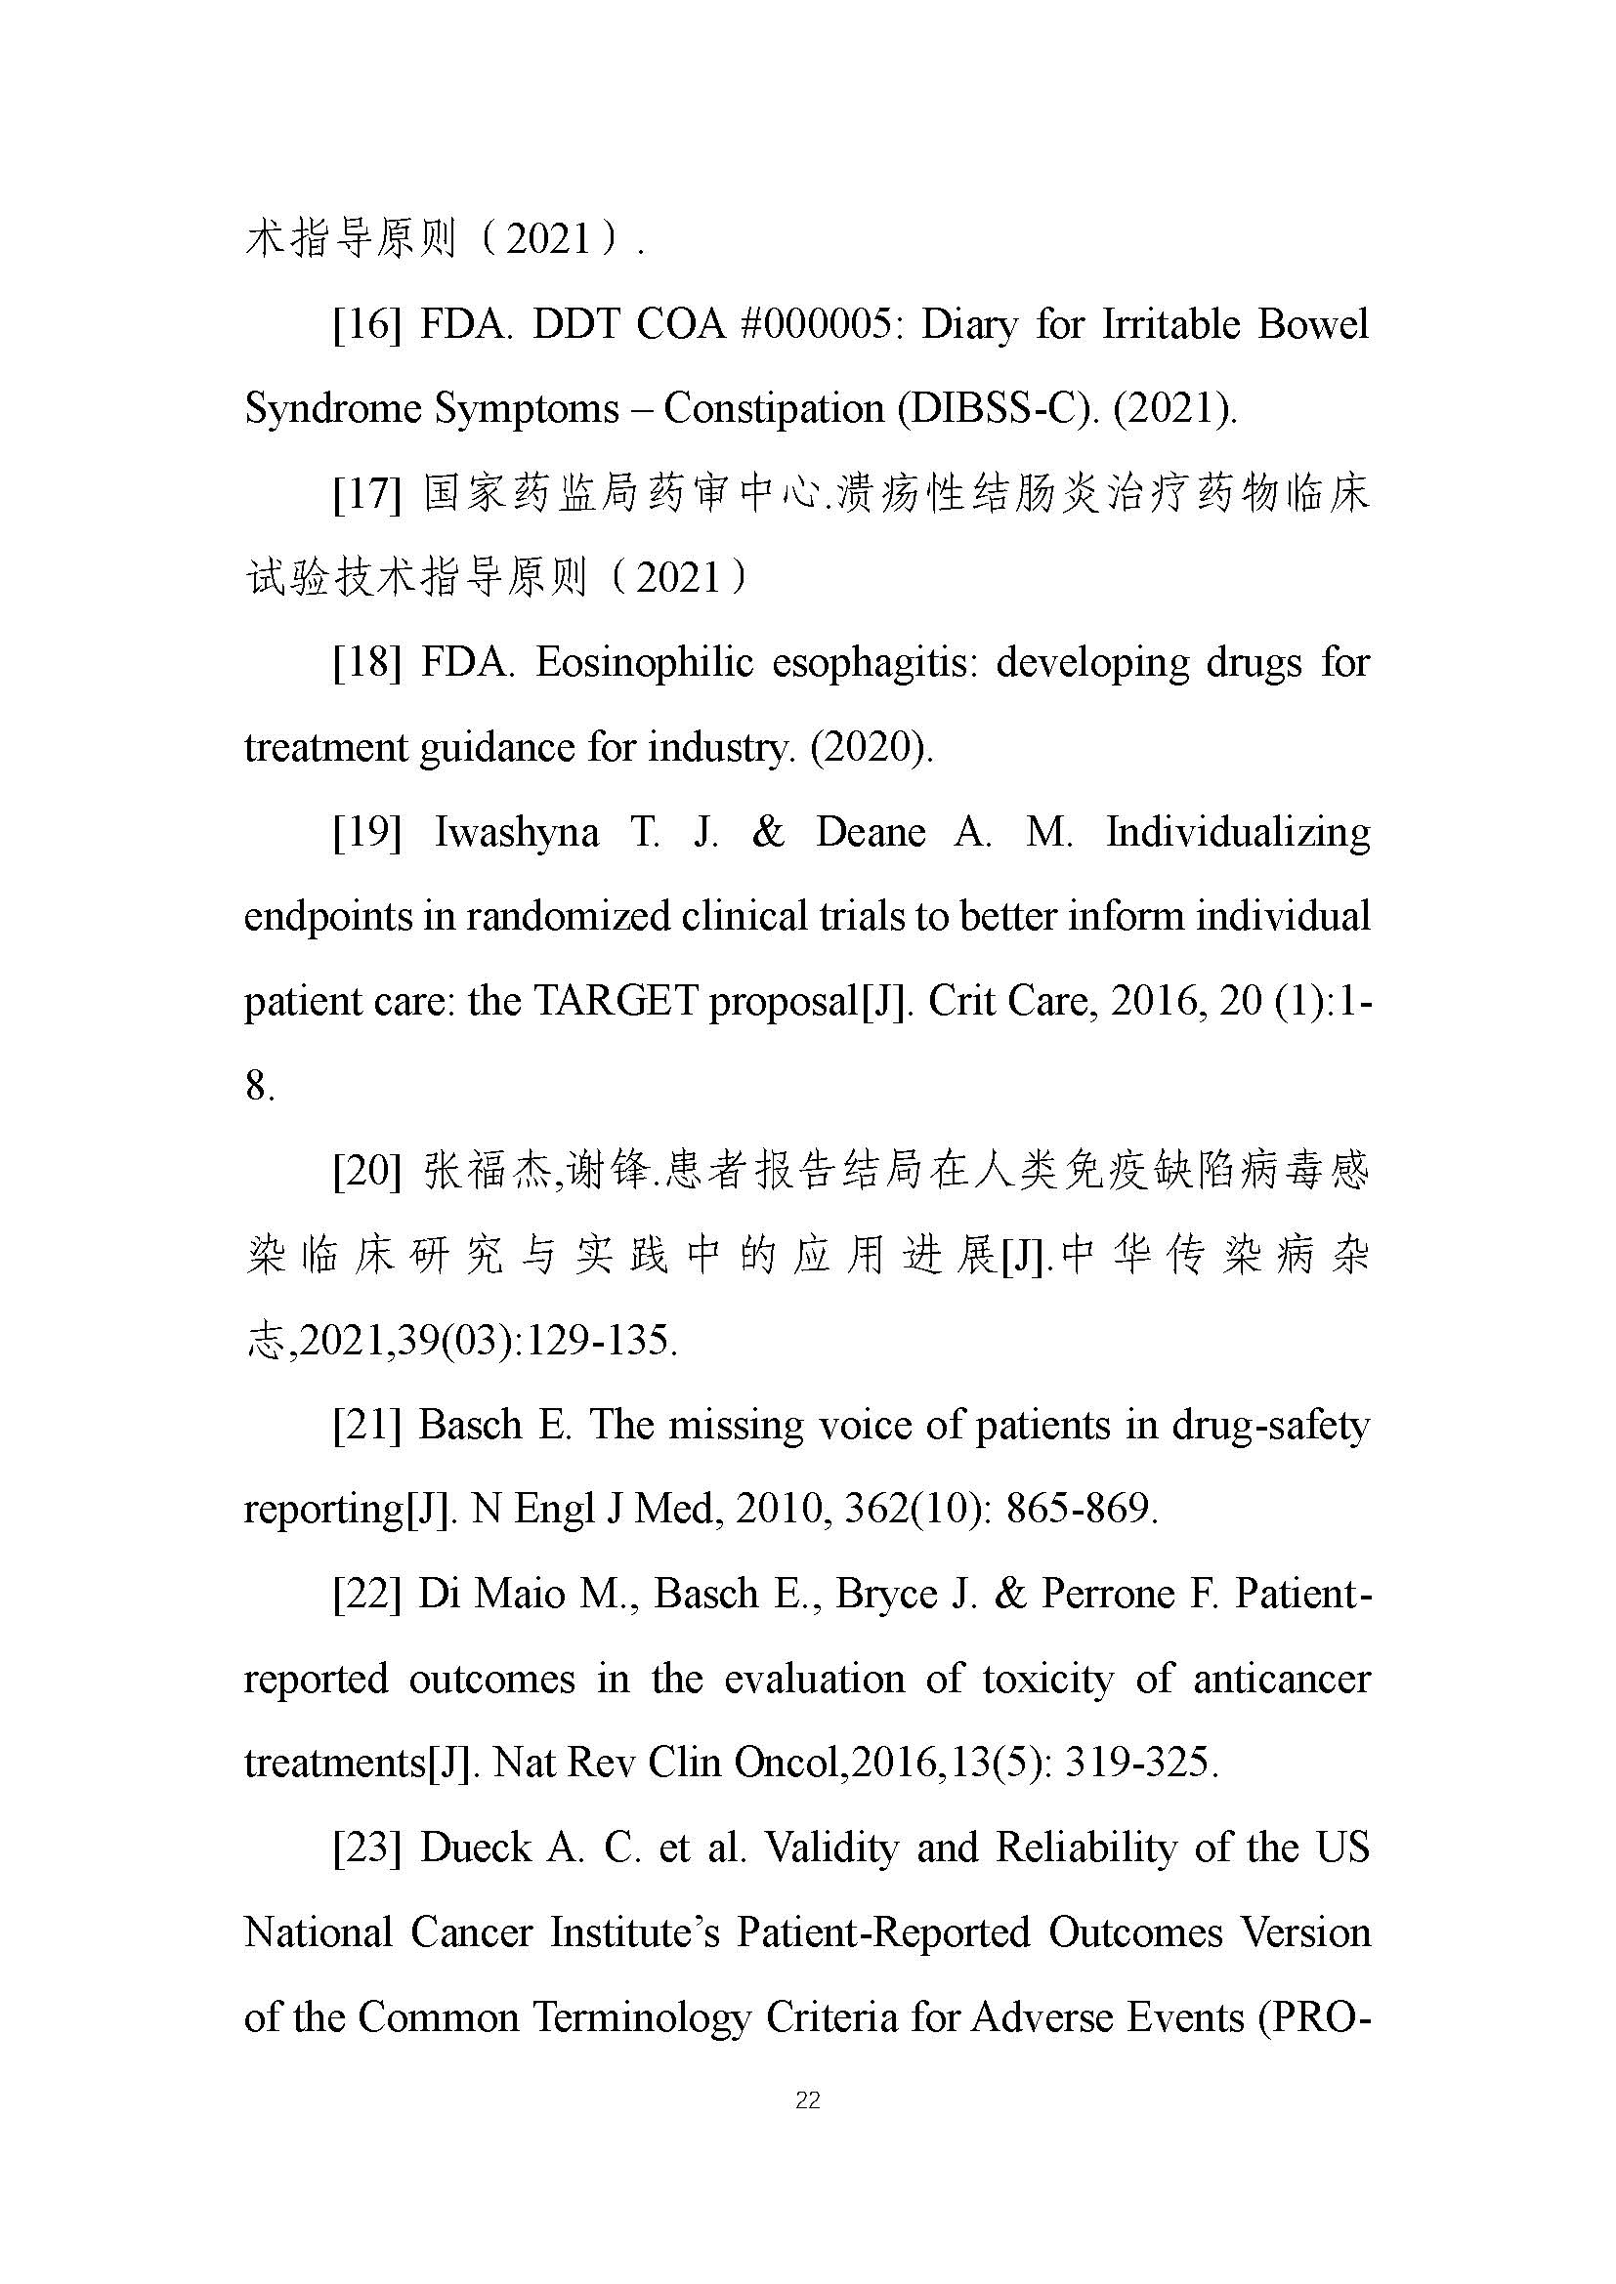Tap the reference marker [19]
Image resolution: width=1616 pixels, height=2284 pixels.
point(367,833)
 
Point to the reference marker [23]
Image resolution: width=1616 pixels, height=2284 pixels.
point(367,1848)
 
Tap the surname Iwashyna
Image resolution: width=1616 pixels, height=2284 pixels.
point(517,833)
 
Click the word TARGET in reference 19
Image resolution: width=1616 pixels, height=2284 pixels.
point(616,1002)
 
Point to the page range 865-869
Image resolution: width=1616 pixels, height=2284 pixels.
point(1082,1510)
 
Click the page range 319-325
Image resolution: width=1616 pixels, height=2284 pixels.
point(1141,1764)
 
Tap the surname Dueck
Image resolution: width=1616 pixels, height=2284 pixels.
point(477,1848)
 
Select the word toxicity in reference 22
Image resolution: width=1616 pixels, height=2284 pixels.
point(1047,1680)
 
